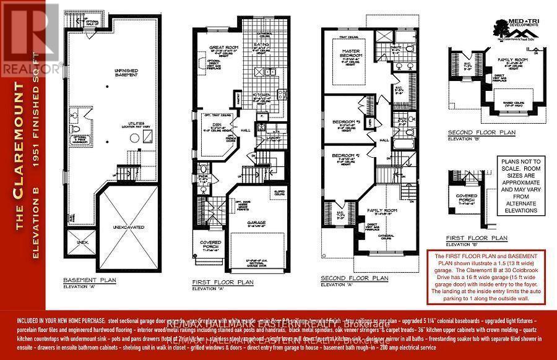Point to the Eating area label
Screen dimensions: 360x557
coord(261,45)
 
